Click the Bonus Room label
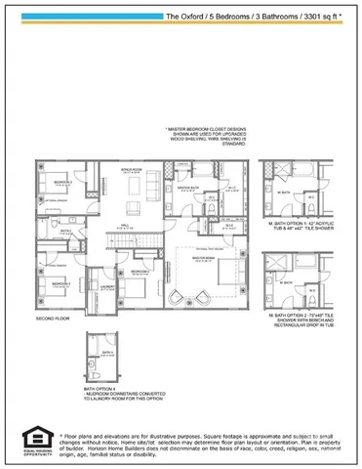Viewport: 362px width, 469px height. pyautogui.click(x=133, y=169)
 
